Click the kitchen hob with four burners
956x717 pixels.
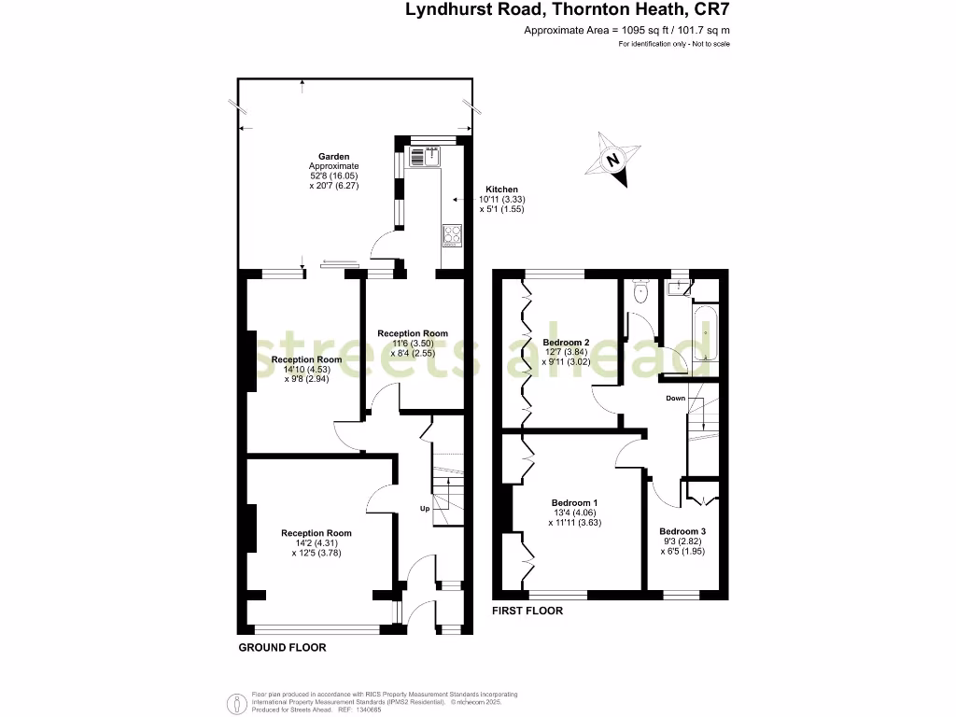(451, 235)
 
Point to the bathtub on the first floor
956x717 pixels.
(704, 332)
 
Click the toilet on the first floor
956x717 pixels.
(640, 292)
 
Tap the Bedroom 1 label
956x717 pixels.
(576, 503)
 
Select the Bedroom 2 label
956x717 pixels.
(567, 342)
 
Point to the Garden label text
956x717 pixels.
(333, 157)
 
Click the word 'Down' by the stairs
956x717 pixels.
(676, 399)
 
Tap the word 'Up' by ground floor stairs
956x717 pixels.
(424, 510)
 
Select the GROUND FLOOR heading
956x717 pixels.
(282, 647)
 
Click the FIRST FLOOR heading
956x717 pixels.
(527, 611)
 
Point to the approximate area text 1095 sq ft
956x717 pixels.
(626, 31)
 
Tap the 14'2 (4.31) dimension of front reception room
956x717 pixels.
(316, 543)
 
